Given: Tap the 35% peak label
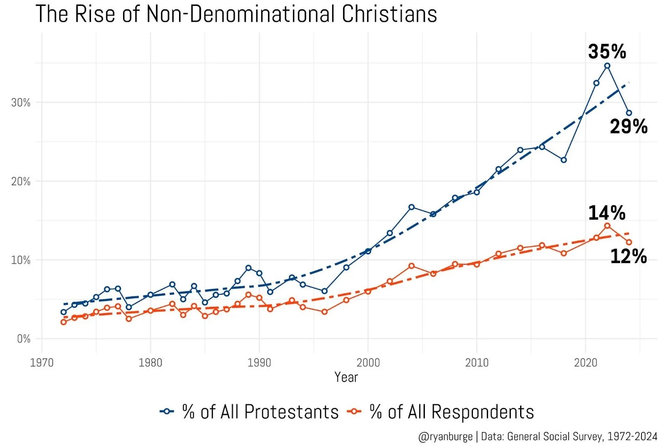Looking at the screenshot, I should click(607, 51).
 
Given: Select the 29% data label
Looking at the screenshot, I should click(628, 126).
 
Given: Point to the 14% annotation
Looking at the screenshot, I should click(607, 213).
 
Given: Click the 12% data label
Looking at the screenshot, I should click(628, 256).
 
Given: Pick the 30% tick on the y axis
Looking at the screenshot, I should click(21, 102).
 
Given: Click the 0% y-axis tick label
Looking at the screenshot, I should click(24, 339).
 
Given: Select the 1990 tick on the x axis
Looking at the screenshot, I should click(259, 363).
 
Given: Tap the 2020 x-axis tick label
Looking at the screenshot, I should click(585, 363).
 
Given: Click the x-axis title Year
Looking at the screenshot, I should click(346, 377).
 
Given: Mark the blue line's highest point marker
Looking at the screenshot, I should click(607, 66).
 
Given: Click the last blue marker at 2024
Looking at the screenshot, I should click(629, 113).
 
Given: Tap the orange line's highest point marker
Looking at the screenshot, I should click(607, 226).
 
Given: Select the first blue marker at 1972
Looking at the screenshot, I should click(64, 312).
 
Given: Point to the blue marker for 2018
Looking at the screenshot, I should click(564, 160).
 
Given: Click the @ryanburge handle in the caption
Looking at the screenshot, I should click(445, 437).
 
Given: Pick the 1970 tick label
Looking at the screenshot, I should click(42, 363).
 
